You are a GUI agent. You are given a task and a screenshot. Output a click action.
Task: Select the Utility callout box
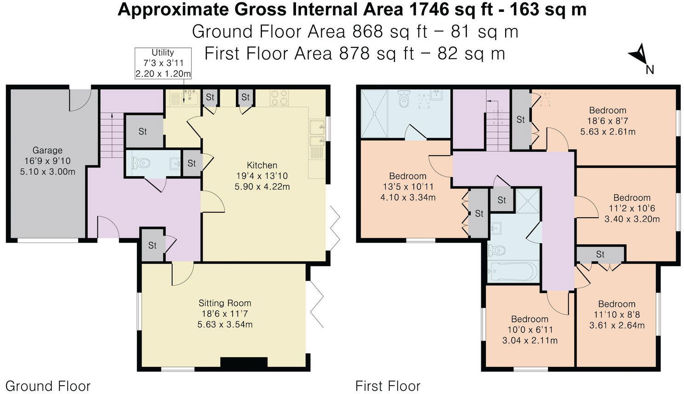[x=163, y=63]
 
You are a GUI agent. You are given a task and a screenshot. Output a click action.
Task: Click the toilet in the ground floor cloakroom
[x=141, y=163]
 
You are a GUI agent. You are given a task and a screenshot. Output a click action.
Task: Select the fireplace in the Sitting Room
[x=244, y=362]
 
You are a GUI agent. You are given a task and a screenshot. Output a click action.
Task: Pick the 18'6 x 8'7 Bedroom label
[x=608, y=121]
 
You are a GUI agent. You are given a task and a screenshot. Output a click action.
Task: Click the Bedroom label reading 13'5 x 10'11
[x=408, y=186]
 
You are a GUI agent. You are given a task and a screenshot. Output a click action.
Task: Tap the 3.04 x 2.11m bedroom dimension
[x=530, y=341]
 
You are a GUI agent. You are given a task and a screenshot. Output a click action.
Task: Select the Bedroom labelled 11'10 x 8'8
[x=616, y=314]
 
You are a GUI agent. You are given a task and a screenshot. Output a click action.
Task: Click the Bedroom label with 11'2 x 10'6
[x=632, y=208]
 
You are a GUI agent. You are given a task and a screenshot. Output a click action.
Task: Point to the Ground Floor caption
[x=48, y=386]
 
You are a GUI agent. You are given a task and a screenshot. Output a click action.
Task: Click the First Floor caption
[x=388, y=386]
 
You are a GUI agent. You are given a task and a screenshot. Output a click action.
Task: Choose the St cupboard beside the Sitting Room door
[x=152, y=245]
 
